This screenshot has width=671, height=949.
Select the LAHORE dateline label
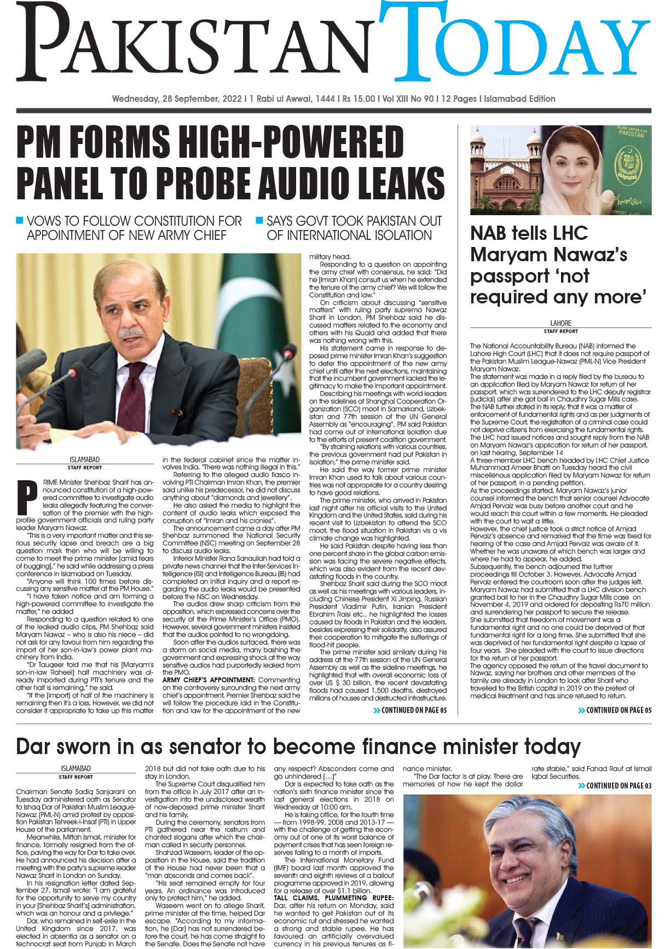coord(561,323)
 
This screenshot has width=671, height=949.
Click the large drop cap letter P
coord(25,496)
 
